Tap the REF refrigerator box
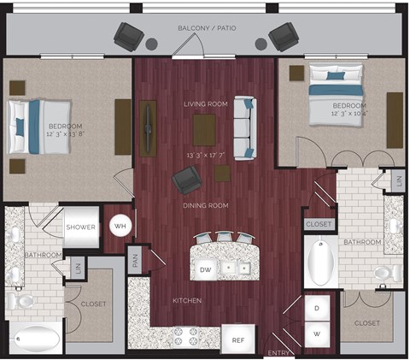click(238, 339)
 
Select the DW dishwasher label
click(205, 269)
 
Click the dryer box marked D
click(317, 307)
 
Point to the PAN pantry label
click(136, 260)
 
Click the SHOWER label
click(81, 227)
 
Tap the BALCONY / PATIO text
click(207, 28)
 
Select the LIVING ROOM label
click(206, 104)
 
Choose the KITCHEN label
click(186, 301)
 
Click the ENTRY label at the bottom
click(278, 352)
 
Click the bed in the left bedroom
click(38, 125)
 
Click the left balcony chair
click(131, 36)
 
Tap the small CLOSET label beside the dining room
click(318, 223)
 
